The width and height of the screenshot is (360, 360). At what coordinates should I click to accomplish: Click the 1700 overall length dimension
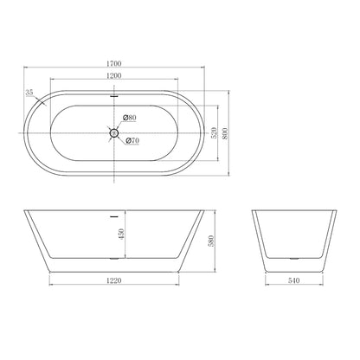pyautogui.click(x=114, y=63)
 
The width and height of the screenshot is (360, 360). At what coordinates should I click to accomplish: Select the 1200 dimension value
pyautogui.click(x=114, y=75)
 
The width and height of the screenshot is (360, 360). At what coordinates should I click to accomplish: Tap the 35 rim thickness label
pyautogui.click(x=29, y=93)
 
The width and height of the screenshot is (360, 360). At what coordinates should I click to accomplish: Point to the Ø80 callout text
pyautogui.click(x=129, y=118)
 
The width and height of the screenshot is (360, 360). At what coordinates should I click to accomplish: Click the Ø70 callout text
pyautogui.click(x=132, y=140)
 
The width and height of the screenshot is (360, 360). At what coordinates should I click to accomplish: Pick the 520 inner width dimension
pyautogui.click(x=214, y=132)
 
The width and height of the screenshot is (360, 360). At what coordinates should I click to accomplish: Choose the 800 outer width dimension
pyautogui.click(x=225, y=133)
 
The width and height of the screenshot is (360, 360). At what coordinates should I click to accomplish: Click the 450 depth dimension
pyautogui.click(x=121, y=234)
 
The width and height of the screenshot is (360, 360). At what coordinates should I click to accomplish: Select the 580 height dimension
pyautogui.click(x=211, y=241)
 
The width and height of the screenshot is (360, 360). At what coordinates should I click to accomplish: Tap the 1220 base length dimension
pyautogui.click(x=114, y=280)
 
